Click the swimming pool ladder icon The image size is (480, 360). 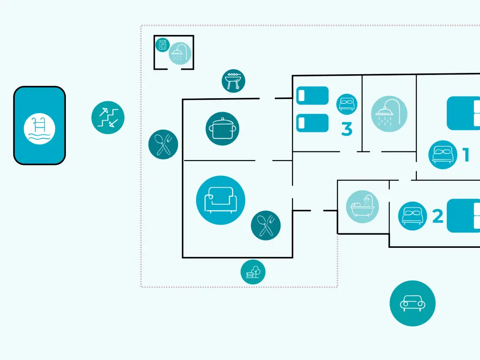(39, 129)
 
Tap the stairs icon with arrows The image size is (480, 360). (108, 117)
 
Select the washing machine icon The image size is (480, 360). (163, 45)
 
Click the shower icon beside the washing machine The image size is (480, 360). (180, 54)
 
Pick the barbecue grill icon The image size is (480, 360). (233, 81)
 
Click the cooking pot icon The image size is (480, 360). (222, 129)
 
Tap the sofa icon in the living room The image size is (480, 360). (220, 200)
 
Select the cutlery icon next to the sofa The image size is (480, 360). (266, 226)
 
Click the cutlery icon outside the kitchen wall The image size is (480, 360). (163, 144)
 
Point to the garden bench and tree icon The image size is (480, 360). (253, 272)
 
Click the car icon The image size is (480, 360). (412, 303)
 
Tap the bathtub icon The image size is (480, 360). (363, 207)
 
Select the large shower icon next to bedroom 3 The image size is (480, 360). (389, 114)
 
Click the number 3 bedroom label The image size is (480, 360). (347, 129)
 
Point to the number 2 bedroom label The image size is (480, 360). (438, 216)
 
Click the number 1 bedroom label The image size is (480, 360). (466, 154)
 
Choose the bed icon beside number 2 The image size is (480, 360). (412, 216)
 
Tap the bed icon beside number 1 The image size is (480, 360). (442, 154)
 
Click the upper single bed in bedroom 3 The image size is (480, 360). (312, 96)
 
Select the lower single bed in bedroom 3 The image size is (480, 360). (312, 123)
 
